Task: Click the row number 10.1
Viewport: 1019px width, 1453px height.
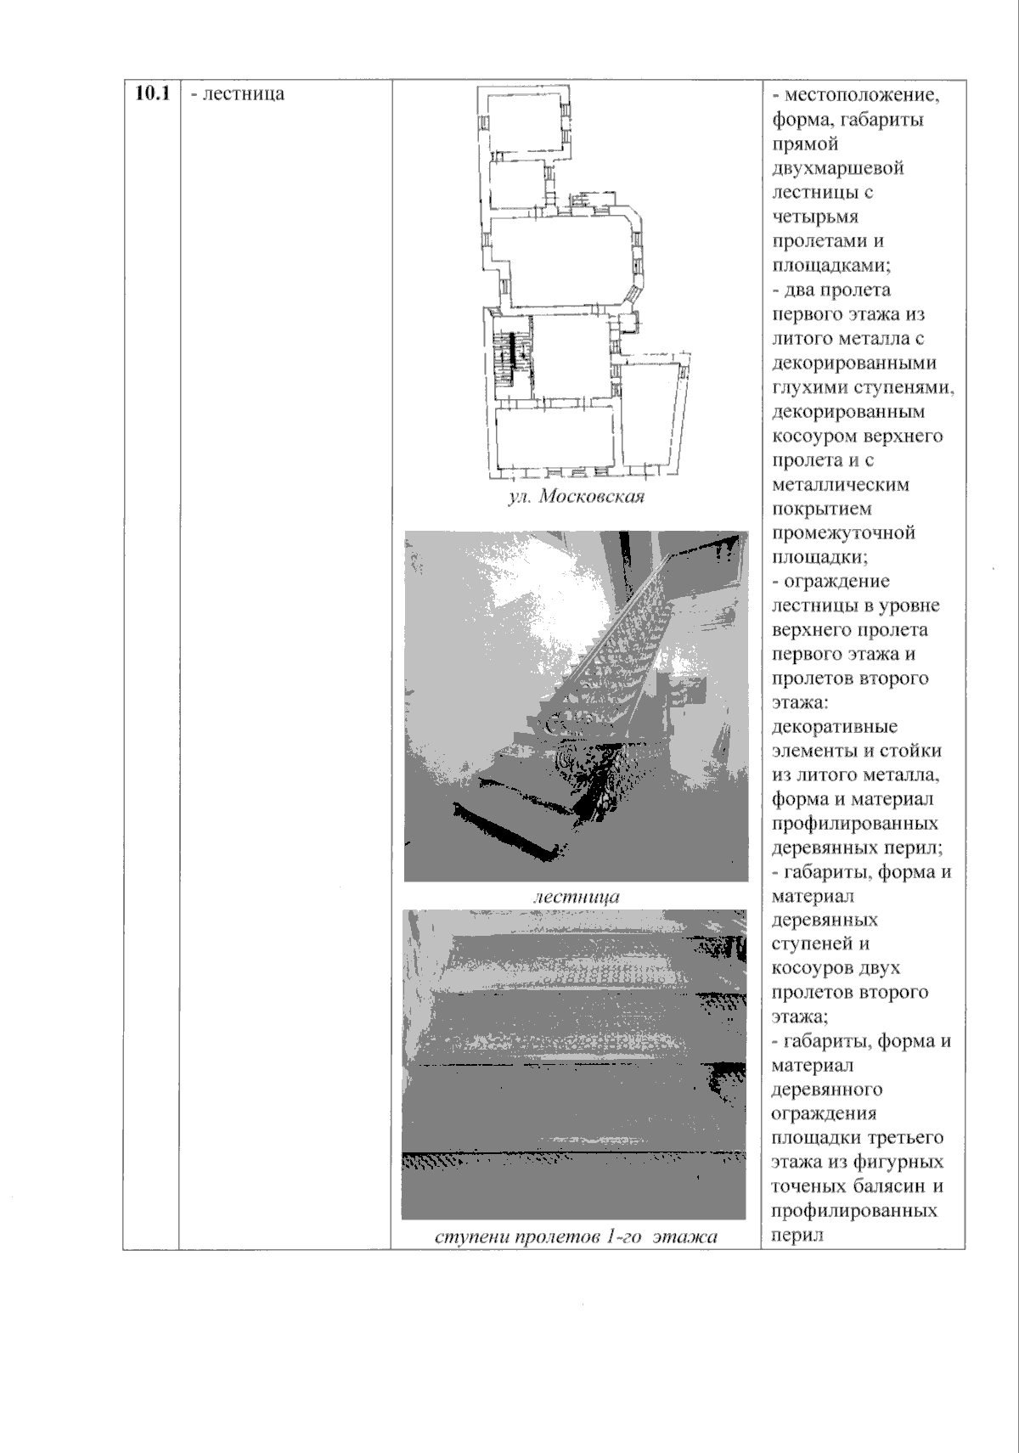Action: coord(150,93)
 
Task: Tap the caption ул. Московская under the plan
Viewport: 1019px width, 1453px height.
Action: coord(576,498)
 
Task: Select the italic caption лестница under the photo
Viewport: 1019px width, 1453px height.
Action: coord(576,896)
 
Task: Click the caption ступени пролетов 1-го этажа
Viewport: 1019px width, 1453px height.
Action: coord(576,1236)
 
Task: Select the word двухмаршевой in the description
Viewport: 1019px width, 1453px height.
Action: coord(838,167)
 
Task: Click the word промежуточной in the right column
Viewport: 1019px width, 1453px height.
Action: coord(843,533)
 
